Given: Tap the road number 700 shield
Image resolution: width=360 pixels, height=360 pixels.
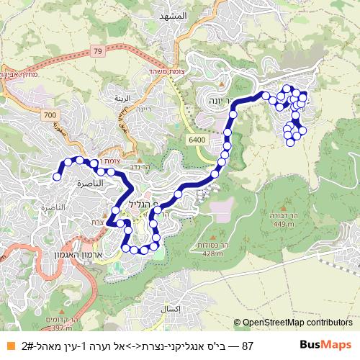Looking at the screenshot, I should click(x=49, y=115).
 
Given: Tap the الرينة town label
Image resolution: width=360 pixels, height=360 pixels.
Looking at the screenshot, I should click(x=122, y=101).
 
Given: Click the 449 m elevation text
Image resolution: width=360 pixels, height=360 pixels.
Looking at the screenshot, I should click(x=284, y=225).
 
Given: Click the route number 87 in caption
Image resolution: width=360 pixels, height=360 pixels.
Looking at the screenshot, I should click(x=248, y=346).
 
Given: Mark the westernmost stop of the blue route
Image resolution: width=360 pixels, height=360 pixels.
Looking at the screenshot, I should click(x=57, y=176).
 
